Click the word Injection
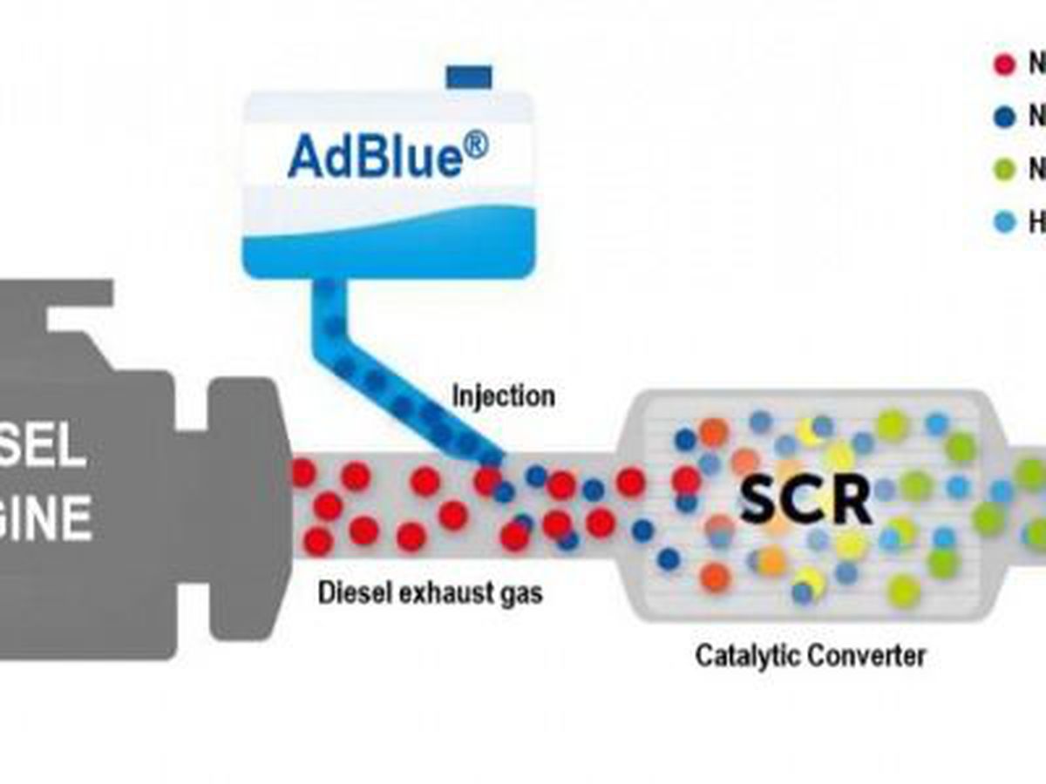[x=503, y=396]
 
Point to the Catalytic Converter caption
[x=810, y=655]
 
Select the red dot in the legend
[x=1005, y=64]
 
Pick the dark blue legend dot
[x=1005, y=117]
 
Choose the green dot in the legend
[x=1005, y=170]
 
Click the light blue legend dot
[x=1005, y=223]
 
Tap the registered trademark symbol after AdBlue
[x=474, y=145]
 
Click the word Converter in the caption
[x=868, y=655]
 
